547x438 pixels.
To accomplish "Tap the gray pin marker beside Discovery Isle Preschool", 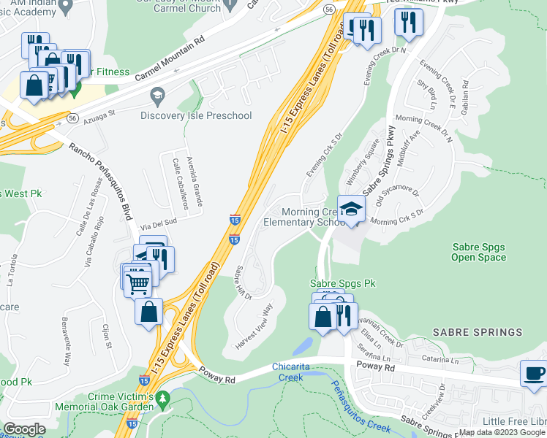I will point(156,95).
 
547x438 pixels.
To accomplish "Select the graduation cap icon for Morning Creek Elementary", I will point(351,210).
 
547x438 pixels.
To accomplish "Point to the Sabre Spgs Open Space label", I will point(479,252).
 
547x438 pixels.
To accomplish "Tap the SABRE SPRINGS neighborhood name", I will point(478,332).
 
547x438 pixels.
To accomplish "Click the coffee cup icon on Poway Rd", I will point(533,373).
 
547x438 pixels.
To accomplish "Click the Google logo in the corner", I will point(24,429).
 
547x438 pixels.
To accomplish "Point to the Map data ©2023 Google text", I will point(502,433).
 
